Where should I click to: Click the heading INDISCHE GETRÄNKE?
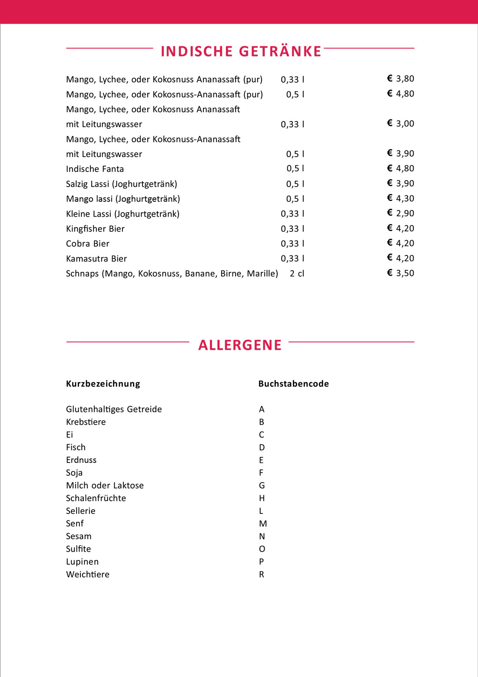click(241, 51)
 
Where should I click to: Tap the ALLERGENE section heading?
click(240, 345)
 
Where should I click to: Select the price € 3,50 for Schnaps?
click(400, 273)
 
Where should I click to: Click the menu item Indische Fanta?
click(95, 169)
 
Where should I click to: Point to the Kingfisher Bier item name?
click(95, 229)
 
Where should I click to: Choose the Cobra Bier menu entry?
click(87, 244)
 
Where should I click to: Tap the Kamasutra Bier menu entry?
click(96, 259)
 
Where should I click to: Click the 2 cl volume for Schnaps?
click(297, 274)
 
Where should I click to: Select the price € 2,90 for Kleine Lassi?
click(400, 213)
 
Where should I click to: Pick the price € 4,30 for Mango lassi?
click(400, 198)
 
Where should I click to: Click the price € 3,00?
click(400, 124)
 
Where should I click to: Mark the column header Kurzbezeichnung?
click(103, 384)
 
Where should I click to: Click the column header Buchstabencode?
click(293, 384)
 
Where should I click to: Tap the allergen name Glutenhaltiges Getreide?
click(114, 409)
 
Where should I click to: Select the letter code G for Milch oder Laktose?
click(262, 486)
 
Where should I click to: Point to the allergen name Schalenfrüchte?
click(96, 498)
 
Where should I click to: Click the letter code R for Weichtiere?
click(262, 575)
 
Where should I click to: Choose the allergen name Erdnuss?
click(81, 460)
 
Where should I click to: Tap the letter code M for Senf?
click(263, 524)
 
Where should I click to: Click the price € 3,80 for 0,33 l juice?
click(400, 79)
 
